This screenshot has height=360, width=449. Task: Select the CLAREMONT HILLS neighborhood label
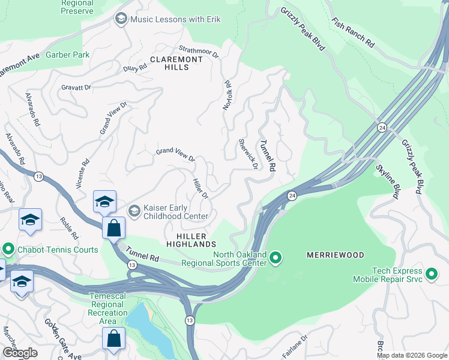click(x=176, y=59)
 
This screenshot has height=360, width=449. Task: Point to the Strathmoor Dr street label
click(x=199, y=52)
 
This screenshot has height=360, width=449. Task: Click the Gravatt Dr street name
click(x=76, y=87)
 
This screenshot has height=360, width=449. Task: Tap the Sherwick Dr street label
click(x=248, y=154)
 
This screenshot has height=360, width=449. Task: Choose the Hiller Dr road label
click(x=200, y=188)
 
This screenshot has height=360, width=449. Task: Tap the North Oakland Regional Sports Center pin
click(x=276, y=259)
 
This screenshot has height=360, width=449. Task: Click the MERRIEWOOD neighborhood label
click(x=336, y=255)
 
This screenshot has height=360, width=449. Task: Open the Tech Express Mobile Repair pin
click(x=431, y=275)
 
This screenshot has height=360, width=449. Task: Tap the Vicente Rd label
click(x=82, y=174)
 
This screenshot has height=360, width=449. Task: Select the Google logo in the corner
click(x=20, y=352)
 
